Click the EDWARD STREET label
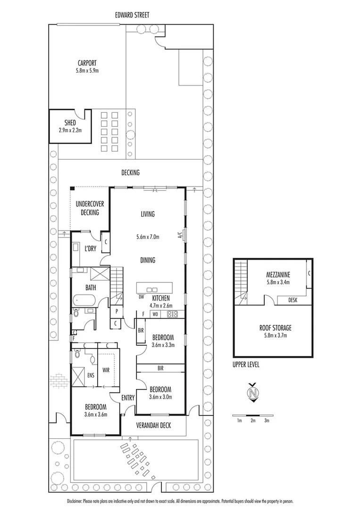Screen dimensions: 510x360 pyautogui.click(x=133, y=15)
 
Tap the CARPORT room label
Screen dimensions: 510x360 pyautogui.click(x=88, y=63)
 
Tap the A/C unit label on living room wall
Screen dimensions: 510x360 pyautogui.click(x=180, y=235)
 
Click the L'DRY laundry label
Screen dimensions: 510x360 pyautogui.click(x=91, y=249)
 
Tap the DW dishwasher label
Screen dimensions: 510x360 pyautogui.click(x=141, y=297)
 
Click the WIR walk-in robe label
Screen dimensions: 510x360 pyautogui.click(x=106, y=371)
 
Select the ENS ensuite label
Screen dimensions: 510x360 pyautogui.click(x=90, y=375)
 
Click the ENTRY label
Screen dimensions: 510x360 pyautogui.click(x=128, y=398)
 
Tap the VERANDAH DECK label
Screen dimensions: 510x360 pyautogui.click(x=154, y=425)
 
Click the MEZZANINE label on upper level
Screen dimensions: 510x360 pyautogui.click(x=277, y=274)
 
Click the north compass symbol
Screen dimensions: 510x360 pyautogui.click(x=254, y=393)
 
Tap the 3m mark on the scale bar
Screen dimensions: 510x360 pyautogui.click(x=267, y=420)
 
